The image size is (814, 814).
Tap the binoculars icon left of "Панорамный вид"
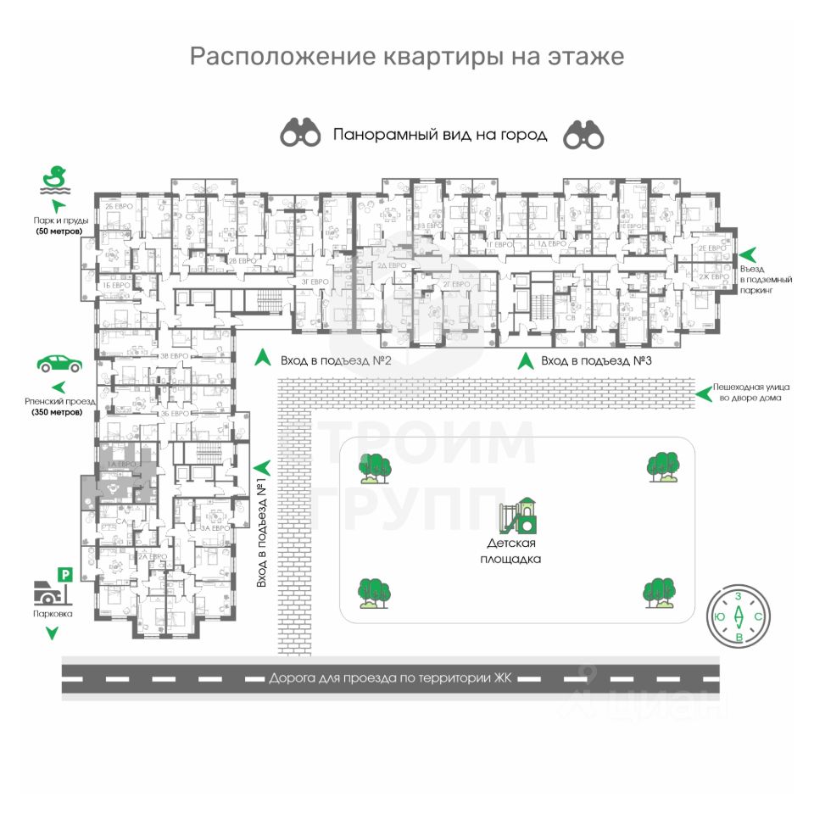[x=301, y=133]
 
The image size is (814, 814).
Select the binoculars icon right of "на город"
[x=584, y=133]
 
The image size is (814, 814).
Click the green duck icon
[x=56, y=179]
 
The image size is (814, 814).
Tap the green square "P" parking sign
[x=64, y=575]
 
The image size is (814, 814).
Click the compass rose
[x=739, y=616]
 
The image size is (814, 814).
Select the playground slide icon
[x=518, y=515]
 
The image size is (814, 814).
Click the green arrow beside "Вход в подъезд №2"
[x=264, y=359]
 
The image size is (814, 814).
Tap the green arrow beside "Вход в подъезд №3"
[x=526, y=360]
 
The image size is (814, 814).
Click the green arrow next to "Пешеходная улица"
[x=702, y=392]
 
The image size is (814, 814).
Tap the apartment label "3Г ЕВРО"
[x=315, y=281]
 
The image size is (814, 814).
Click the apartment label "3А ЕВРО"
[x=215, y=527]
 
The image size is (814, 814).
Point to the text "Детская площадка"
[x=514, y=550]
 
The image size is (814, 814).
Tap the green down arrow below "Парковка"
[x=53, y=633]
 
